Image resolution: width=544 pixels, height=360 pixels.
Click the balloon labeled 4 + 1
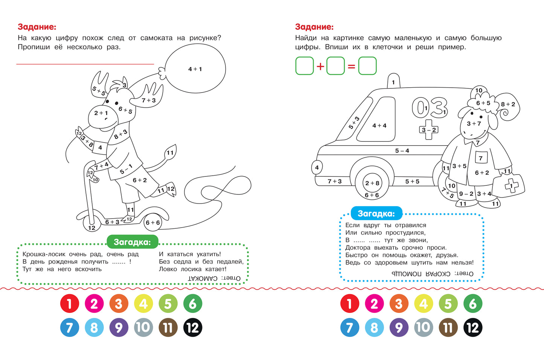[x=195, y=69]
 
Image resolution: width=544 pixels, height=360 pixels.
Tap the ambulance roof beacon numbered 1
[x=393, y=81]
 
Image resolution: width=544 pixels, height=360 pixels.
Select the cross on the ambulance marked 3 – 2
[x=429, y=129]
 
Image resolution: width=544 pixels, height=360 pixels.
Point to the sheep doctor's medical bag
[x=509, y=186]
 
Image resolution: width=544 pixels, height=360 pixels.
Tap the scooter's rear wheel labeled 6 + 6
[x=153, y=222]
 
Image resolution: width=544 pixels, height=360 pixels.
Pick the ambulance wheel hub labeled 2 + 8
[x=372, y=183]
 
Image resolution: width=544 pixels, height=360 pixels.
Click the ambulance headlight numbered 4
[x=317, y=167]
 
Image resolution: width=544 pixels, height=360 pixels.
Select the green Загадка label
[x=133, y=242]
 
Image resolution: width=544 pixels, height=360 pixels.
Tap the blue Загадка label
[x=376, y=213]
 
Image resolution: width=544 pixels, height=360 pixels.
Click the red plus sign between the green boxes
[x=320, y=66]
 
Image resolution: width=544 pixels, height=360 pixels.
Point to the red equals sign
[x=351, y=66]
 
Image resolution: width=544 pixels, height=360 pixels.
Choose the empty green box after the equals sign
[x=367, y=66]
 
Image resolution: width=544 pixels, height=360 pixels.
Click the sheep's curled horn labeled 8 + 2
[x=508, y=107]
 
